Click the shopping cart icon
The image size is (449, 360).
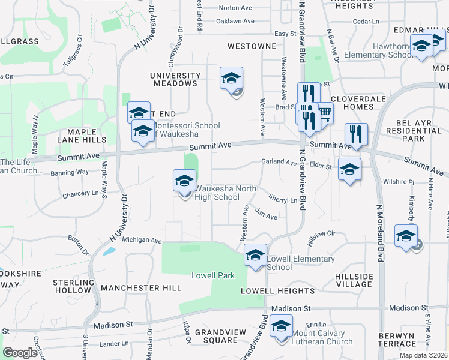pyautogui.click(x=324, y=112)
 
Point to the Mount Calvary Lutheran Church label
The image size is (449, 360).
pyautogui.click(x=319, y=338)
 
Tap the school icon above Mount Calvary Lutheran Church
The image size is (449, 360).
pyautogui.click(x=280, y=326)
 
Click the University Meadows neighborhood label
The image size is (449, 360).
pyautogui.click(x=175, y=79)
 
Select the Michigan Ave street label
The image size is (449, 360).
pyautogui.click(x=142, y=240)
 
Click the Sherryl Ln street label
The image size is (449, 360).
pyautogui.click(x=283, y=199)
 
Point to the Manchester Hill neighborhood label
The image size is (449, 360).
pyautogui.click(x=141, y=288)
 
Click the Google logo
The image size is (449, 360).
pyautogui.click(x=20, y=353)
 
